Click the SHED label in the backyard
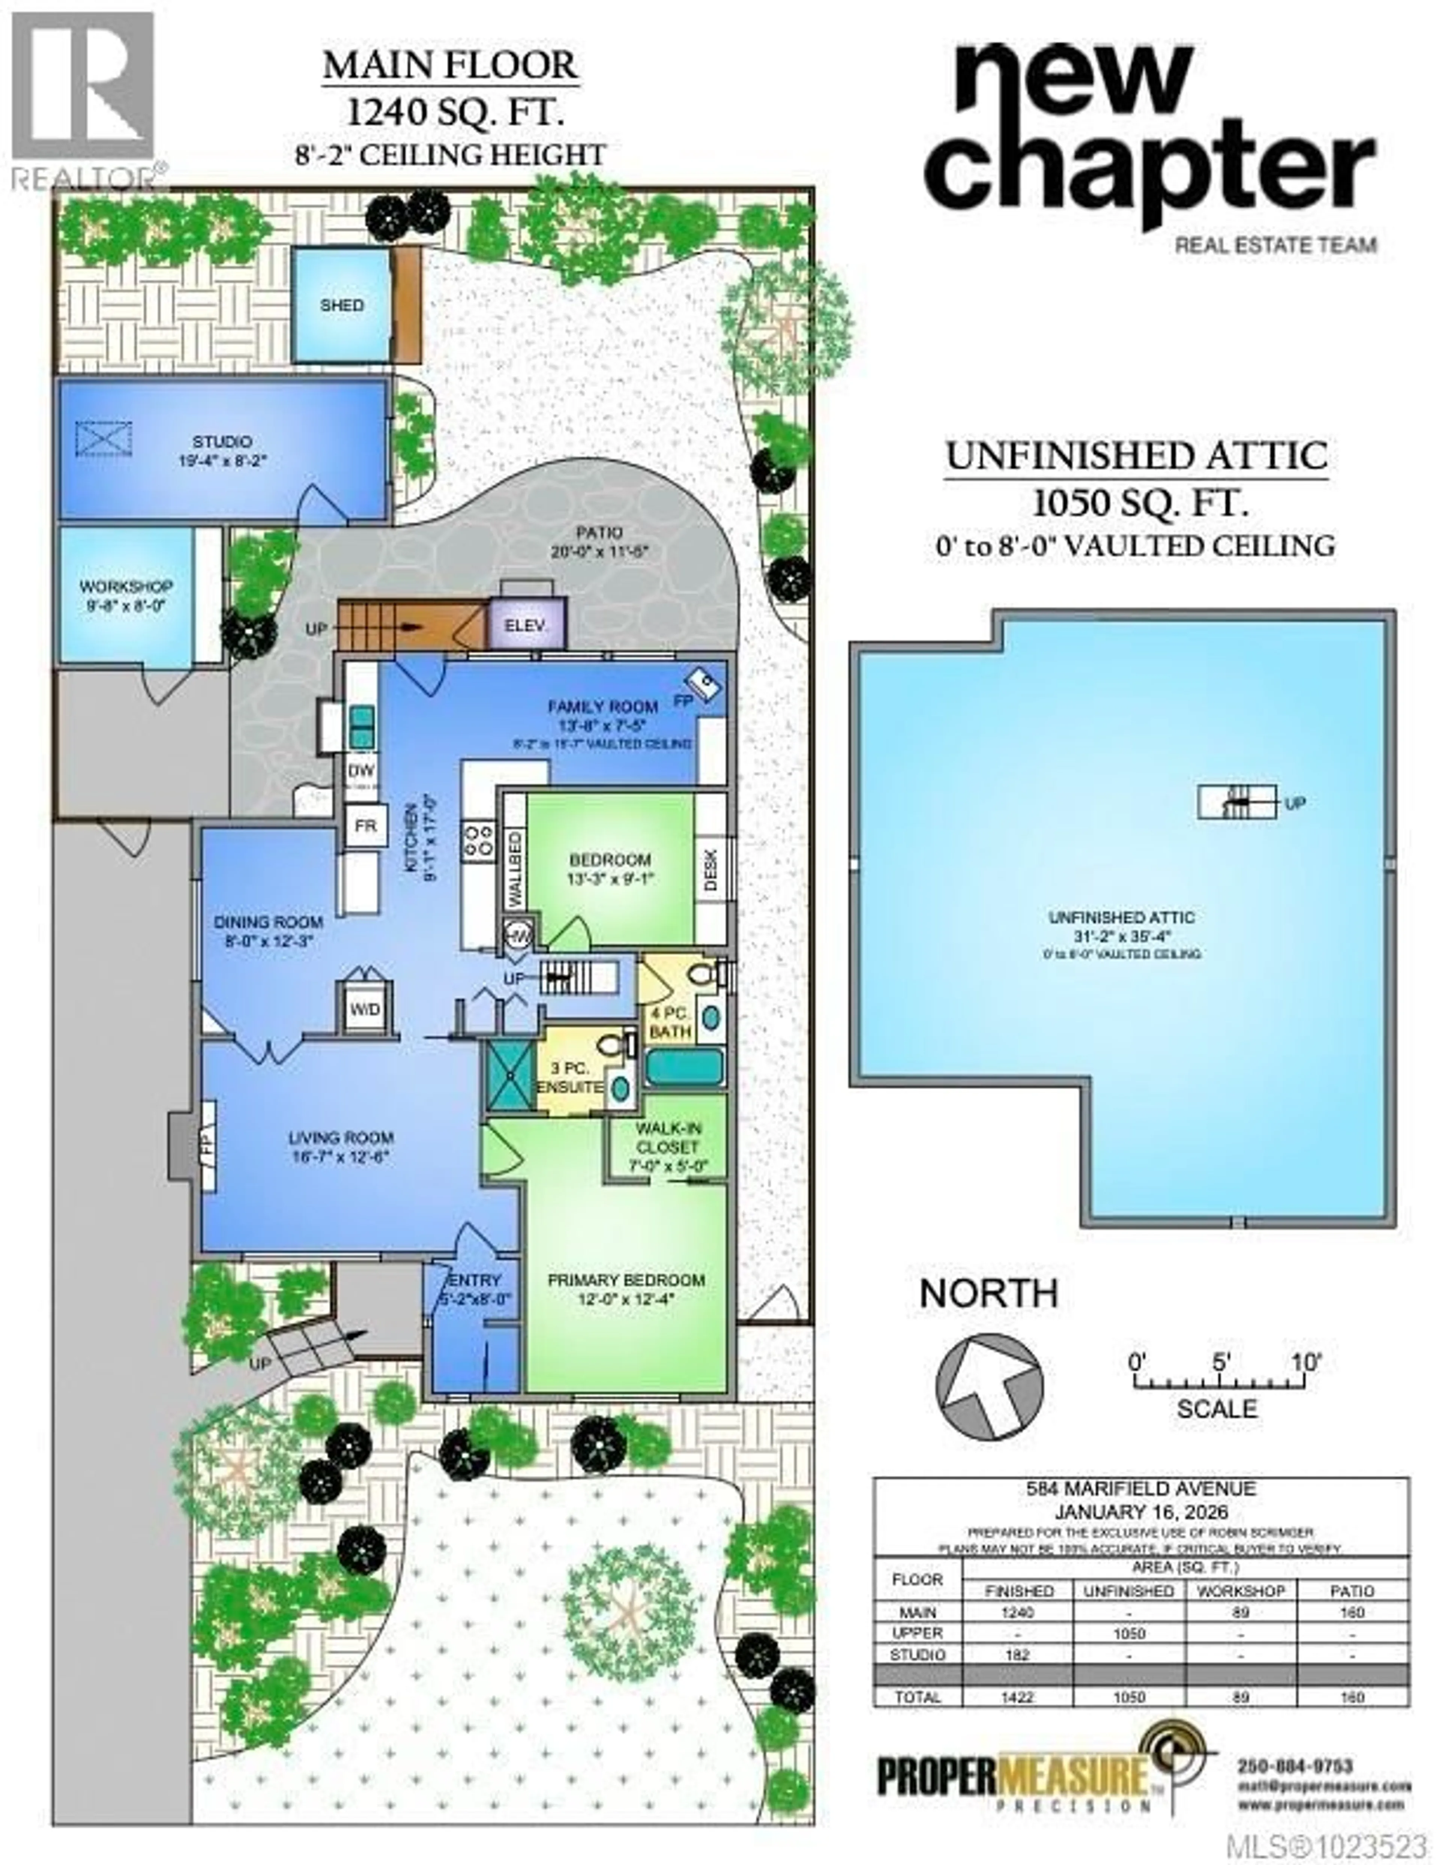[342, 305]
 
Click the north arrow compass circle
[989, 1388]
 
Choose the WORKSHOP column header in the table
[1240, 1590]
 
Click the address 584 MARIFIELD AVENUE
[1140, 1489]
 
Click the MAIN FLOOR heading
[450, 66]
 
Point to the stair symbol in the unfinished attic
[1236, 803]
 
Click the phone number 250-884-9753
[1294, 1765]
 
